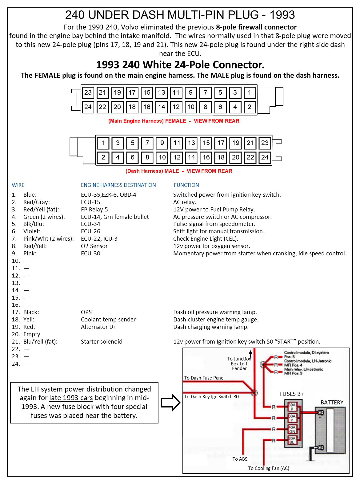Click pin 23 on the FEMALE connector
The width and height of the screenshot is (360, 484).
pos(88,92)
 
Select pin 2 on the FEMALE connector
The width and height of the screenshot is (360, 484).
pos(250,107)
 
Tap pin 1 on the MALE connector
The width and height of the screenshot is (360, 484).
pos(103,143)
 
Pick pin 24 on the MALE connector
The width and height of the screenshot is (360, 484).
pos(265,157)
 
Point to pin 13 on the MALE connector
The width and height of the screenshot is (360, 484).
pos(191,143)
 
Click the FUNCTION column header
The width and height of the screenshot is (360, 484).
pos(186,185)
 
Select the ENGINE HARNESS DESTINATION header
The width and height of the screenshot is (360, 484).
pos(118,185)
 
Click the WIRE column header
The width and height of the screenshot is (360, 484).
pos(18,185)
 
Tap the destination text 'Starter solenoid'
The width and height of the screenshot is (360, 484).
pos(102,341)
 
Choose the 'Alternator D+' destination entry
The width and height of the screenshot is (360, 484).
pos(98,327)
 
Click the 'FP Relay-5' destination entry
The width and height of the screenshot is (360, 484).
pos(94,210)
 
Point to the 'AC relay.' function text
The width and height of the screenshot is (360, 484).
pos(185,202)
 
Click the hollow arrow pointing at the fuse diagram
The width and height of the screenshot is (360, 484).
pos(170,403)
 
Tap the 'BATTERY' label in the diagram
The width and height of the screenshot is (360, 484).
pos(332,402)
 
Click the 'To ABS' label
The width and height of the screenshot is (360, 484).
pos(240,459)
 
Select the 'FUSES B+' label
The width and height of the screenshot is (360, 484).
pos(291,394)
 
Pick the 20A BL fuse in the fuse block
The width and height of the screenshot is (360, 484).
pos(292,440)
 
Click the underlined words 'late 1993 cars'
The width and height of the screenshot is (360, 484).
pos(71,398)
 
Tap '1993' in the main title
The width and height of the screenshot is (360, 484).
pos(282,15)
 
